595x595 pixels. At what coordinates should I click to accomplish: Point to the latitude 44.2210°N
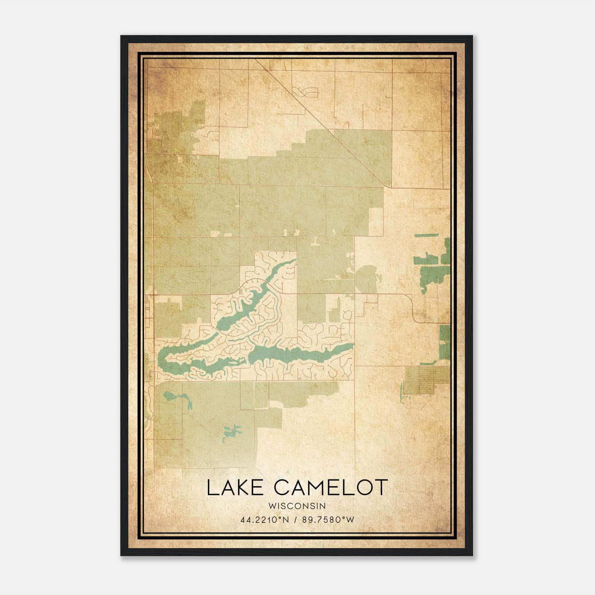tap(264, 520)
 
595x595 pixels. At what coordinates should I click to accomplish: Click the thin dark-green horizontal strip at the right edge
tap(426, 235)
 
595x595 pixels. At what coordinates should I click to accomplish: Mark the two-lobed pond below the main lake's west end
tap(178, 398)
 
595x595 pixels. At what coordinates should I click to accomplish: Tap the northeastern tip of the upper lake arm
tap(295, 260)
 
